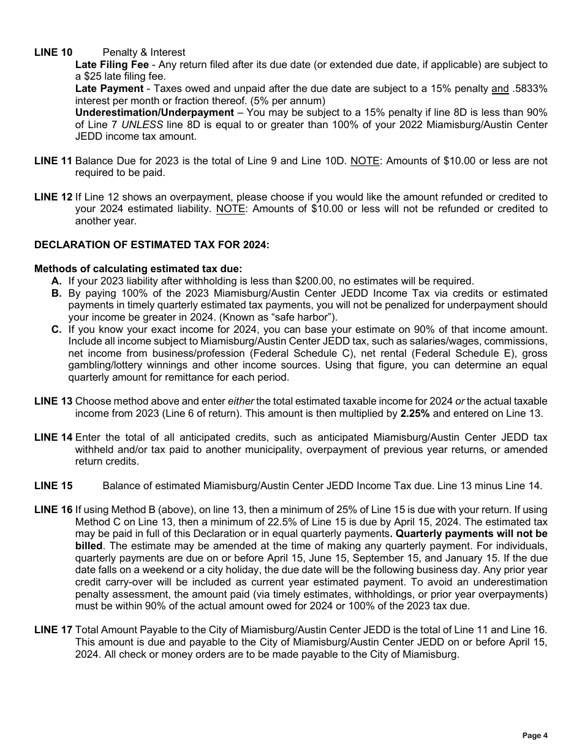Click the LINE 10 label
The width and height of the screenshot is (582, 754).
(x=53, y=53)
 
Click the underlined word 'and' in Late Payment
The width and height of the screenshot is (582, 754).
(x=500, y=89)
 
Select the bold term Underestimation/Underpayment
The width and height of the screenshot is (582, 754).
(x=154, y=113)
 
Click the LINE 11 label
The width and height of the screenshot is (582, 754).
(x=53, y=161)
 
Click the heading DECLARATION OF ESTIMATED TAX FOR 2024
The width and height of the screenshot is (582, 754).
(x=151, y=245)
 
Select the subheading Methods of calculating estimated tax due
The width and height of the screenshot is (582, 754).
(x=138, y=268)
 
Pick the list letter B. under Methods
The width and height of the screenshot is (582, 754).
(x=56, y=294)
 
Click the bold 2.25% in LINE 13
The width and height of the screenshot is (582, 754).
(x=415, y=413)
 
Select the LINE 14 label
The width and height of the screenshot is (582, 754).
(x=53, y=438)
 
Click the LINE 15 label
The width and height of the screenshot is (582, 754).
(x=53, y=486)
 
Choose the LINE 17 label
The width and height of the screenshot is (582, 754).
(x=53, y=630)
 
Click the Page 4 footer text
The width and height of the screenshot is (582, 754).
(x=535, y=736)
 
